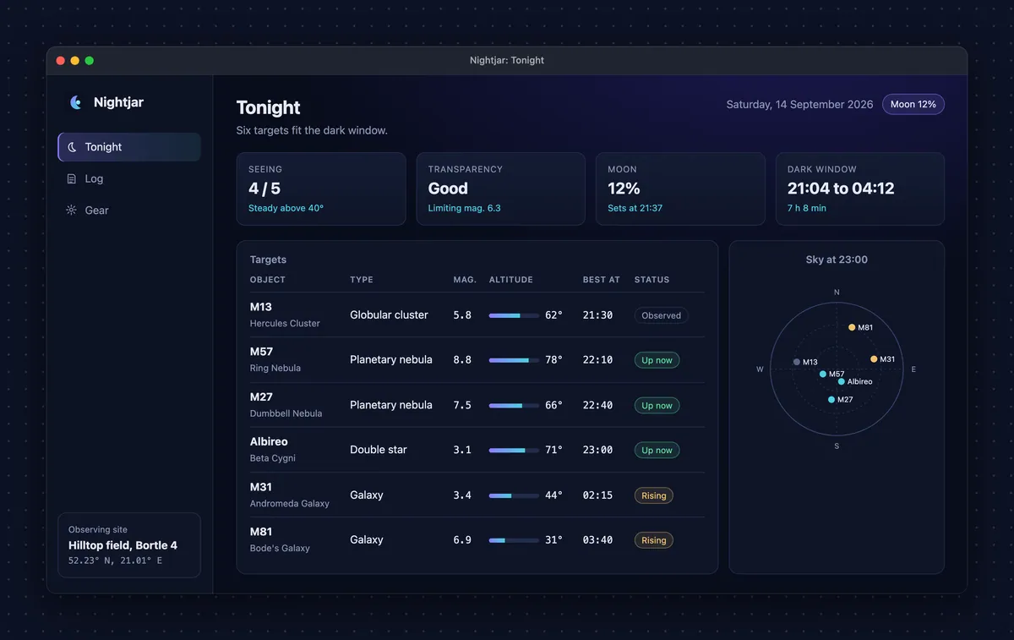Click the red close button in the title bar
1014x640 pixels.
[x=60, y=61]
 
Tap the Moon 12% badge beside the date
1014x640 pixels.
[x=913, y=104]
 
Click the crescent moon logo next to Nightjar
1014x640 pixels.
[x=75, y=102]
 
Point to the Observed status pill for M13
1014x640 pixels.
[x=661, y=315]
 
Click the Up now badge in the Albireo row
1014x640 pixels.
[x=657, y=451]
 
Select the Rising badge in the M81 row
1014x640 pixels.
[x=653, y=540]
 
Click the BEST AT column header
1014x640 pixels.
[x=601, y=280]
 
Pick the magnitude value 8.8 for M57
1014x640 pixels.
[x=461, y=359]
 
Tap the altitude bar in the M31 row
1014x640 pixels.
[x=514, y=495]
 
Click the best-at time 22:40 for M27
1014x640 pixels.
[x=597, y=405]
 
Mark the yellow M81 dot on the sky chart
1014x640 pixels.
[x=852, y=327]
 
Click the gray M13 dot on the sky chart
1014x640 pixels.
[x=796, y=362]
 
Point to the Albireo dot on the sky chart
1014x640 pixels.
[x=841, y=381]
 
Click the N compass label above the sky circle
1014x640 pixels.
[x=837, y=293]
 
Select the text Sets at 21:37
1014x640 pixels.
[x=635, y=208]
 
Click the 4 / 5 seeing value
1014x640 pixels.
[x=264, y=189]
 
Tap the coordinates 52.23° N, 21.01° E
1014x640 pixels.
[x=115, y=561]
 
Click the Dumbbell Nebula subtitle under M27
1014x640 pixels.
[x=286, y=413]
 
